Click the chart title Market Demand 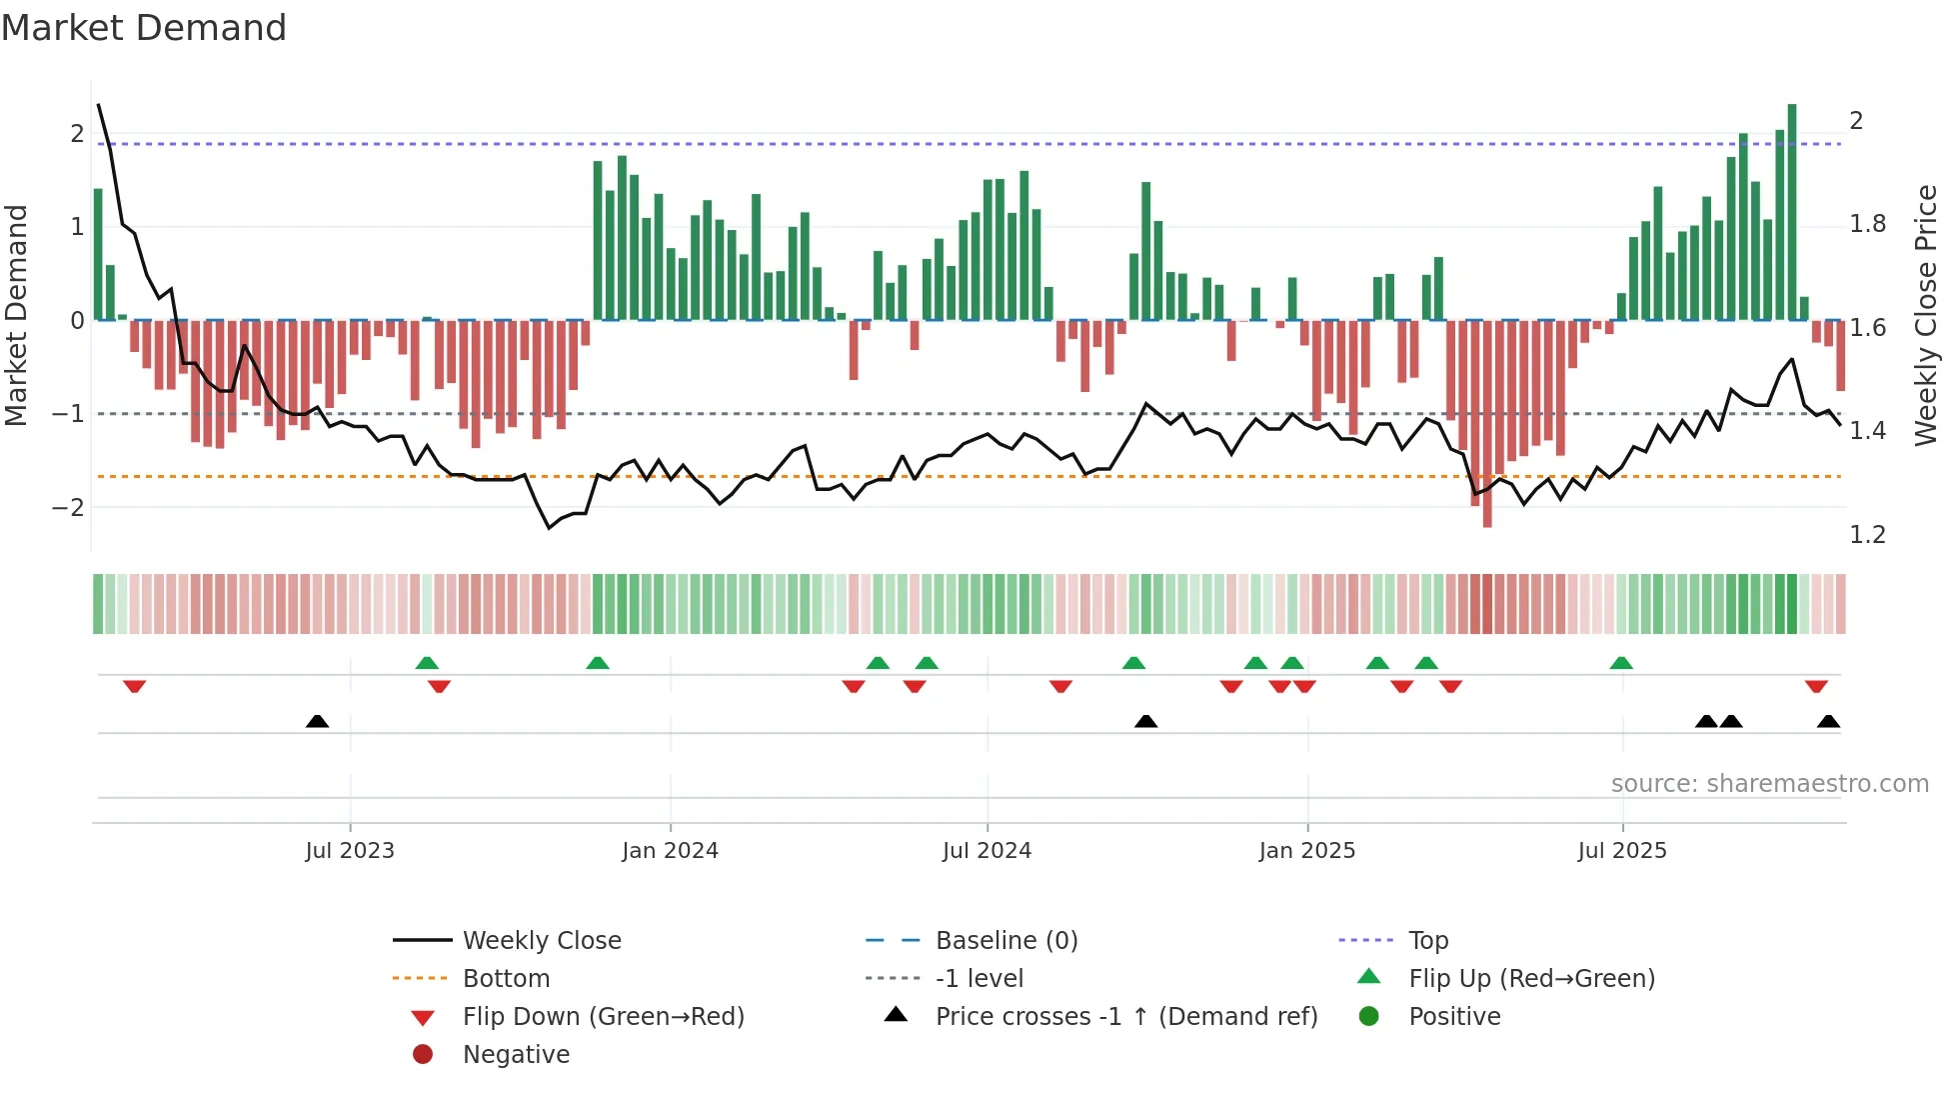pyautogui.click(x=144, y=28)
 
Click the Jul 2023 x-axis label pyautogui.click(x=350, y=851)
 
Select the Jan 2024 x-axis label pyautogui.click(x=670, y=851)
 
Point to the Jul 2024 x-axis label pyautogui.click(x=986, y=851)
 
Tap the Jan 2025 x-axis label pyautogui.click(x=1306, y=851)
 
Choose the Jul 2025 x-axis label pyautogui.click(x=1622, y=851)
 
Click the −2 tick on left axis pyautogui.click(x=68, y=508)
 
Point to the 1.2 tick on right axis pyautogui.click(x=1867, y=535)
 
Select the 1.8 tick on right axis pyautogui.click(x=1867, y=224)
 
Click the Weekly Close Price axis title pyautogui.click(x=1926, y=315)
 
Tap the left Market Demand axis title pyautogui.click(x=17, y=315)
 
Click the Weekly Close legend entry pyautogui.click(x=541, y=941)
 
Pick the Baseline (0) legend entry pyautogui.click(x=1005, y=941)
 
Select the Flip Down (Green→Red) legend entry pyautogui.click(x=603, y=1017)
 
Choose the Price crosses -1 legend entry pyautogui.click(x=1125, y=1017)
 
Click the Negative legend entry pyautogui.click(x=516, y=1055)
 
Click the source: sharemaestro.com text pyautogui.click(x=1769, y=784)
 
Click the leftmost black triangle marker pyautogui.click(x=317, y=721)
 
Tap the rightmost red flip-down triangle pyautogui.click(x=1816, y=686)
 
